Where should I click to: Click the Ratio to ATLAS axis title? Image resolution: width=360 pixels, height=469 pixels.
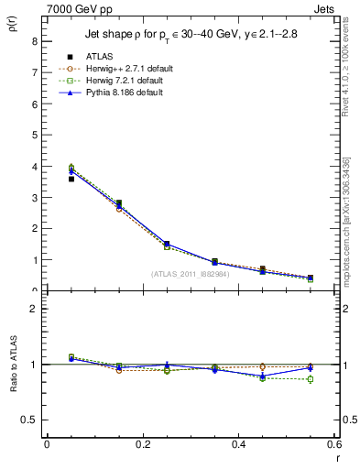13,364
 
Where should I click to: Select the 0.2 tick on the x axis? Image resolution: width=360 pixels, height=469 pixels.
142,444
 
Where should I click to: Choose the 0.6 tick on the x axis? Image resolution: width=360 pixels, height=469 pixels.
335,444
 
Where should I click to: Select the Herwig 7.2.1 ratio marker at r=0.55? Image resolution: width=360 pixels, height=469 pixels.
311,379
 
